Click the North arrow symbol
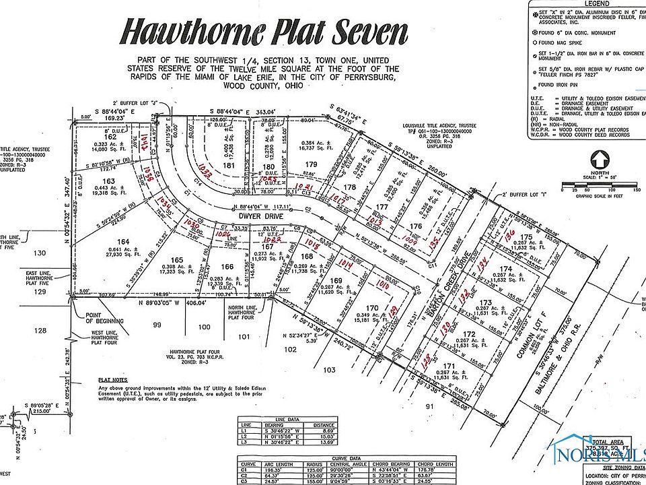(598, 161)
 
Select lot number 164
(122, 242)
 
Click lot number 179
(311, 164)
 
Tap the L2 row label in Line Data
(246, 435)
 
